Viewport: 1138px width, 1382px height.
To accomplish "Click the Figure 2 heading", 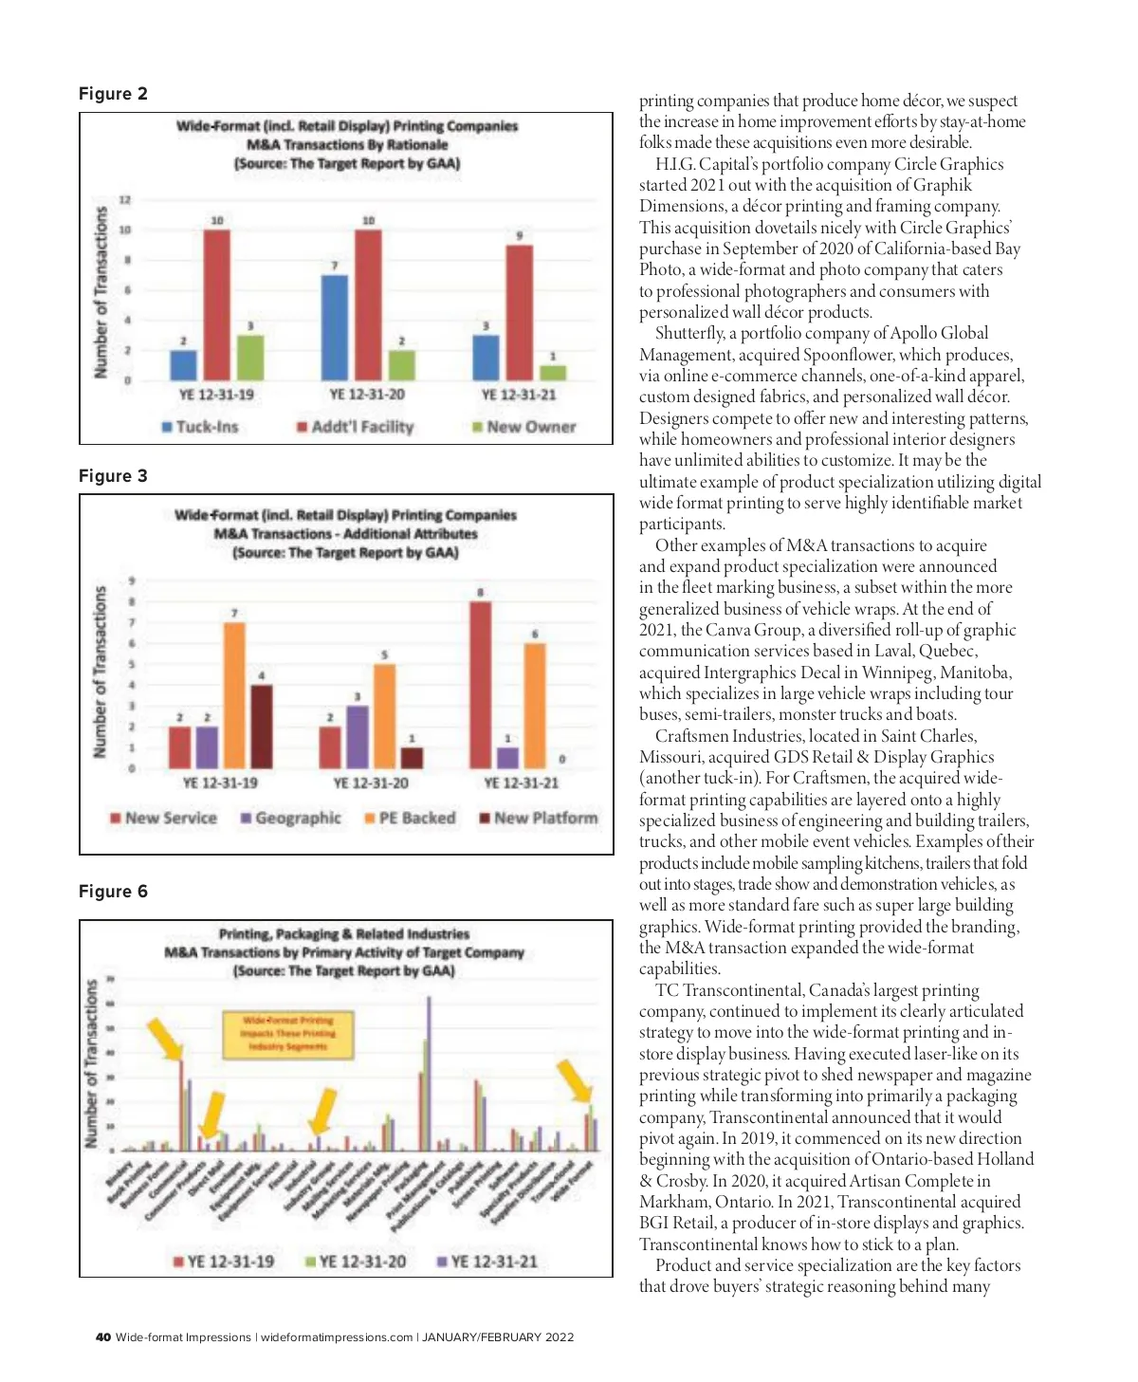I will (x=113, y=94).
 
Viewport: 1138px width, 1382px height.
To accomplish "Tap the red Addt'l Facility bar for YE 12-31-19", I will (x=217, y=304).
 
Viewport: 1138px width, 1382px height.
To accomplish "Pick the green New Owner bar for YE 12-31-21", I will (x=553, y=373).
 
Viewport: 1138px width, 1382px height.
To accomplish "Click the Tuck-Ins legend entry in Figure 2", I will (x=200, y=427).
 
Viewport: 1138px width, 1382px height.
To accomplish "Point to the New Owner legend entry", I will (x=524, y=427).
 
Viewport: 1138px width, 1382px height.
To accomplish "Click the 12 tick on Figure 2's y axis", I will (x=125, y=199).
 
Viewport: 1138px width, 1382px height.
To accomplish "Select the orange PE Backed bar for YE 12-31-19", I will (x=234, y=695).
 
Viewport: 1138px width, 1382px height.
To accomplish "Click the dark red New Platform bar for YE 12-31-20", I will (x=412, y=758).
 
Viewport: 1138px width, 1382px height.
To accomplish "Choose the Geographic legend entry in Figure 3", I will (x=290, y=818).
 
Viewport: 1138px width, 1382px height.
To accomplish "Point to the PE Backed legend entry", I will (x=410, y=818).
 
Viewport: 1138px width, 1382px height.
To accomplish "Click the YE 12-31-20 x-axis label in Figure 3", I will (x=371, y=783).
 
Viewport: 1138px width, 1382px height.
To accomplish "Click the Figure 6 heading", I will (x=113, y=892).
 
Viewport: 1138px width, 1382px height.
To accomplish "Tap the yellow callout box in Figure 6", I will (x=286, y=1033).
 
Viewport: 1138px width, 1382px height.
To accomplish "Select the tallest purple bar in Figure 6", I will (x=429, y=1072).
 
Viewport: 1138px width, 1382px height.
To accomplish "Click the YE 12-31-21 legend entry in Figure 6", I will (x=486, y=1262).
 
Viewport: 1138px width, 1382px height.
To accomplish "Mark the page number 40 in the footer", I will (x=103, y=1337).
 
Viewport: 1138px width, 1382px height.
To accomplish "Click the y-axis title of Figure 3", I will (x=100, y=672).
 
